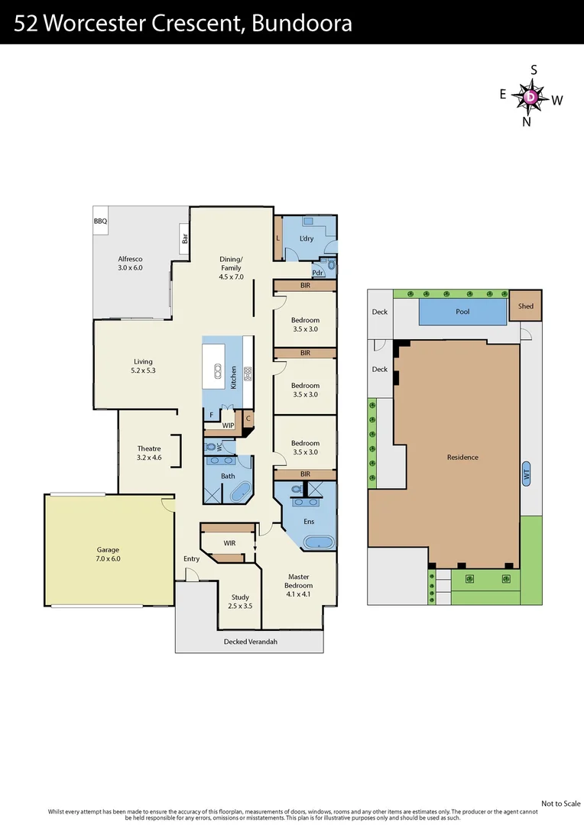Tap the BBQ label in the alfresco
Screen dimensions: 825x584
point(101,221)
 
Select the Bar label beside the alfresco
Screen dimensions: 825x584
point(185,239)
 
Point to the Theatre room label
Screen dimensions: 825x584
point(149,453)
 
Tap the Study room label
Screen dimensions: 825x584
point(241,601)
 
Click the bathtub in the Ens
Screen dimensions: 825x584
point(318,543)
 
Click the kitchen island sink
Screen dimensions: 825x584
point(217,372)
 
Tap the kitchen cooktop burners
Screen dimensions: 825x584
point(248,373)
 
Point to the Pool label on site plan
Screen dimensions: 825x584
point(462,312)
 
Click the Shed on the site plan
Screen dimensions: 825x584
point(525,306)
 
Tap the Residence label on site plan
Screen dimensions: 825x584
point(462,457)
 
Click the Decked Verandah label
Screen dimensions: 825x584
point(250,642)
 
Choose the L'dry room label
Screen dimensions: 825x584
point(307,238)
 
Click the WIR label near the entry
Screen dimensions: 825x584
point(229,543)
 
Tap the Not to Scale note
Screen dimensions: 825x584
point(561,803)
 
